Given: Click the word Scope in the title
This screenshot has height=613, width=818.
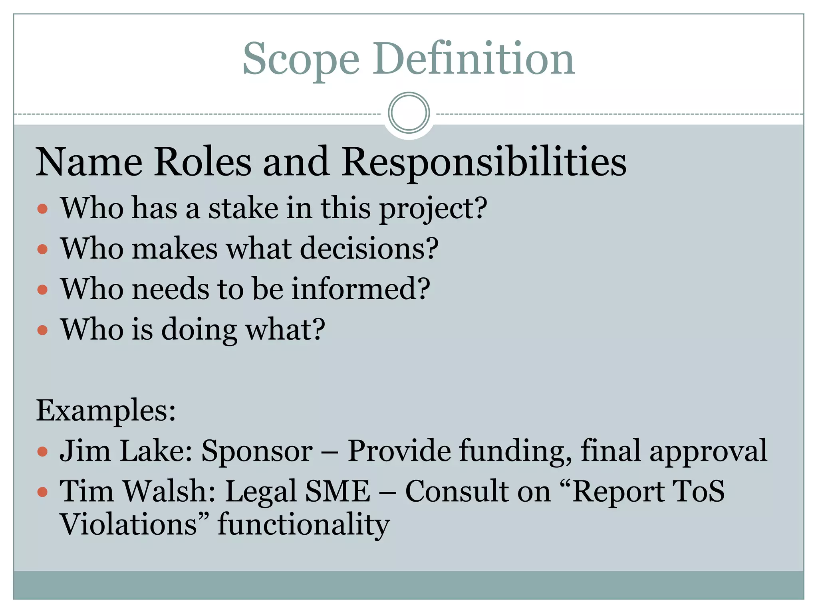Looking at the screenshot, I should (301, 60).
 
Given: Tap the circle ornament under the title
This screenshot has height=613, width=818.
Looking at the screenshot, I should (409, 113).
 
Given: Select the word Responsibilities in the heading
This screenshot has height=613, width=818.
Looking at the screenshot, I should (484, 162).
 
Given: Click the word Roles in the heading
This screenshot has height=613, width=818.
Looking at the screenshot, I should (203, 162).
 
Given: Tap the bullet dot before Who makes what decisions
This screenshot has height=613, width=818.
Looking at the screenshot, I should (42, 249).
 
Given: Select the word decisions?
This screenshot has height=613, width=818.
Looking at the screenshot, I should (369, 249).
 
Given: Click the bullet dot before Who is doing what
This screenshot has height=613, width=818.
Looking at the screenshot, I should (42, 330).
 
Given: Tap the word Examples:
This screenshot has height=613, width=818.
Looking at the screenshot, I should (106, 411).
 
